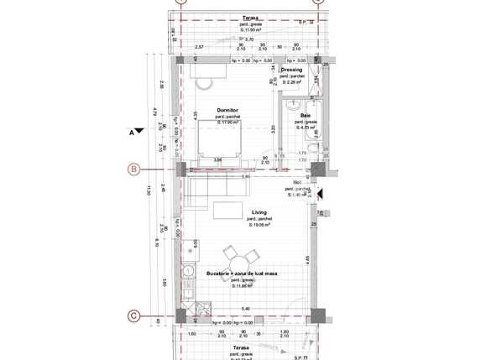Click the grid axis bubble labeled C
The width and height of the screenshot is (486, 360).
133,316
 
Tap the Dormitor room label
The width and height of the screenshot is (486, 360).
227,110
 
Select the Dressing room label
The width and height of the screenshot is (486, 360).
291,70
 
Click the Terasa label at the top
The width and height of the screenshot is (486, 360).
249,18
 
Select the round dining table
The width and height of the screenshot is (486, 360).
231,255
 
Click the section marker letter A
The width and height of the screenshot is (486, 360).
133,133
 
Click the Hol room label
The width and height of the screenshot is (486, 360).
296,182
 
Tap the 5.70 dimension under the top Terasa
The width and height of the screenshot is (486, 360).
248,39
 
